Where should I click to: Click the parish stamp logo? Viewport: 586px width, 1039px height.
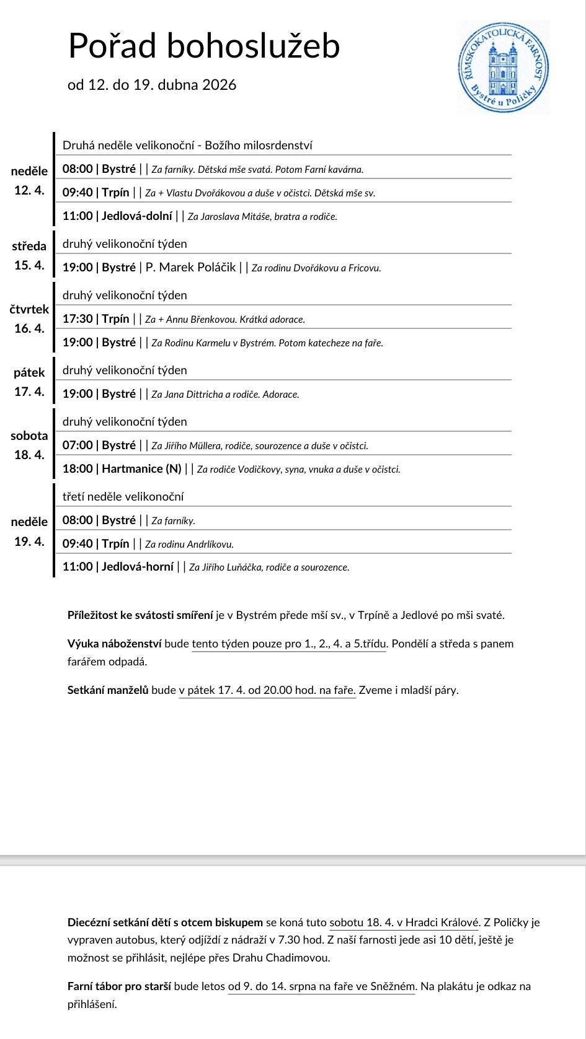pyautogui.click(x=503, y=67)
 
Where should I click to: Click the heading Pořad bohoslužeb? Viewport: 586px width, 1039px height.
pyautogui.click(x=203, y=46)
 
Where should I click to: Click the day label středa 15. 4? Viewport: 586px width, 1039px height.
pyautogui.click(x=29, y=256)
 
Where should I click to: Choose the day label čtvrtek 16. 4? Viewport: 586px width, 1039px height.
pyautogui.click(x=29, y=318)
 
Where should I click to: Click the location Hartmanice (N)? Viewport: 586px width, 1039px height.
pyautogui.click(x=141, y=469)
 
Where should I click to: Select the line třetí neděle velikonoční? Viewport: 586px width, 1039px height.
pyautogui.click(x=123, y=496)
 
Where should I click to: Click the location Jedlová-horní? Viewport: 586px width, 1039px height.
pyautogui.click(x=138, y=567)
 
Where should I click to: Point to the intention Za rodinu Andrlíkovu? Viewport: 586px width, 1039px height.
pyautogui.click(x=189, y=545)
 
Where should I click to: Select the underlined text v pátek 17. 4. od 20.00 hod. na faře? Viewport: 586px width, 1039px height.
pyautogui.click(x=267, y=690)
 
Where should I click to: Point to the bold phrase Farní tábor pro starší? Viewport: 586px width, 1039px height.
pyautogui.click(x=119, y=986)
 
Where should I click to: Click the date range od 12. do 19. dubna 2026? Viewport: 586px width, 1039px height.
pyautogui.click(x=152, y=85)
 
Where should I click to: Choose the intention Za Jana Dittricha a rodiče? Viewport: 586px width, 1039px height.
pyautogui.click(x=225, y=395)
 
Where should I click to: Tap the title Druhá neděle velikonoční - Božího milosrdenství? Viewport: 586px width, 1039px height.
pyautogui.click(x=187, y=146)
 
